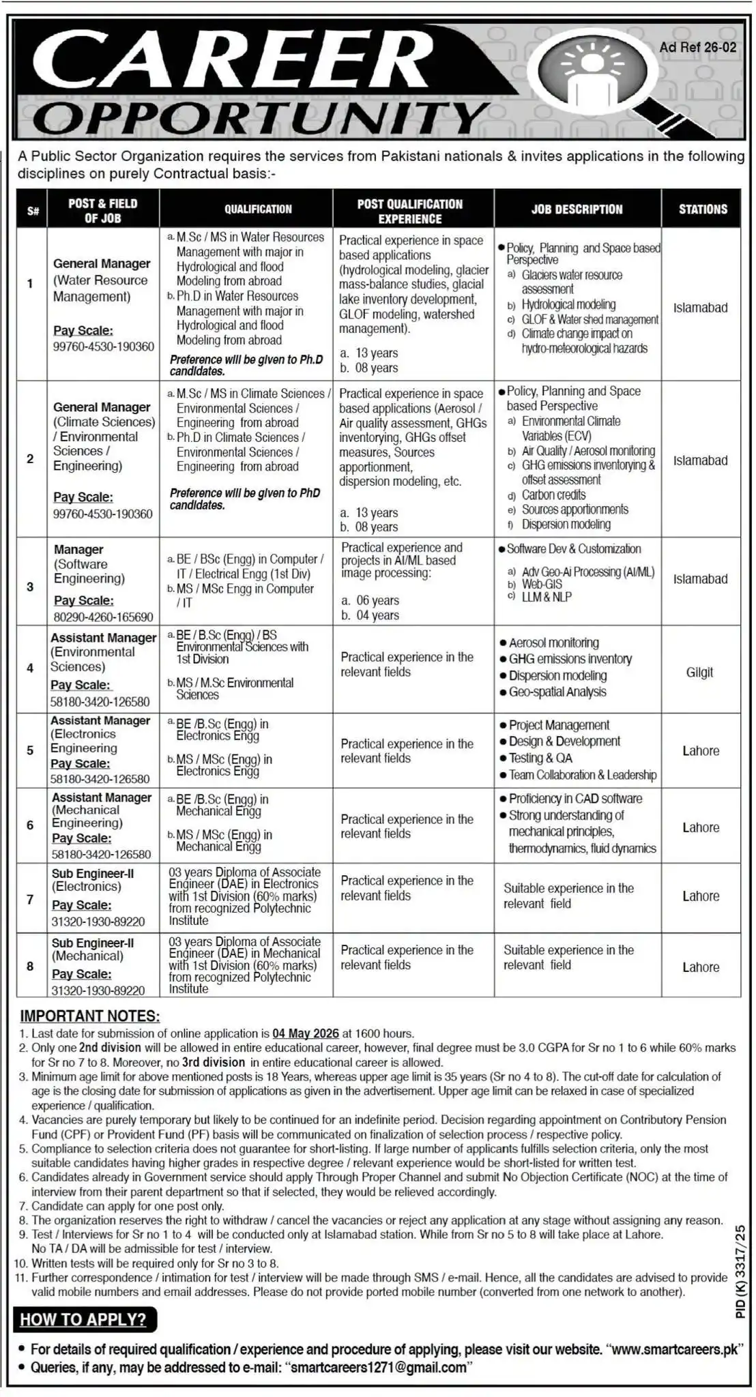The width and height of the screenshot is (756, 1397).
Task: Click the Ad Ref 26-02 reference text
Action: click(698, 48)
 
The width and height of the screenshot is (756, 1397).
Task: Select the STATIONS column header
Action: click(702, 209)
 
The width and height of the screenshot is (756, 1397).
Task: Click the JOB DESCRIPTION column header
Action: click(577, 209)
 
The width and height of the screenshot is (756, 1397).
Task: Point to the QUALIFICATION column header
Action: click(258, 209)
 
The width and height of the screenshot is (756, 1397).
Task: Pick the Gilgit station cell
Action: click(699, 672)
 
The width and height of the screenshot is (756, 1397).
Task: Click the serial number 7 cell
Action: click(30, 899)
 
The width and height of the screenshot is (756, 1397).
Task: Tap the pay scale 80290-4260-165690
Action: click(103, 617)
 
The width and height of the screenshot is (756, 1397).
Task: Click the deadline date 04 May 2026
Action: click(306, 1033)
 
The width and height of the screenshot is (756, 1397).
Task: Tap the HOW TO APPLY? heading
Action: click(83, 1319)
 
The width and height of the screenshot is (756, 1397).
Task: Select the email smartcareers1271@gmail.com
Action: click(379, 1367)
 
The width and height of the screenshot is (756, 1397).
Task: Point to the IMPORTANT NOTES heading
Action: click(90, 1016)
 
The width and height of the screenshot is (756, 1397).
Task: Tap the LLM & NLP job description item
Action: click(547, 597)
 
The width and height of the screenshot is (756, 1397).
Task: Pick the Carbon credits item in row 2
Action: click(553, 495)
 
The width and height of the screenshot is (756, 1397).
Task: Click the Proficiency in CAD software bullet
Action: click(575, 798)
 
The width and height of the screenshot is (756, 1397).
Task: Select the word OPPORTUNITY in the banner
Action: click(259, 117)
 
